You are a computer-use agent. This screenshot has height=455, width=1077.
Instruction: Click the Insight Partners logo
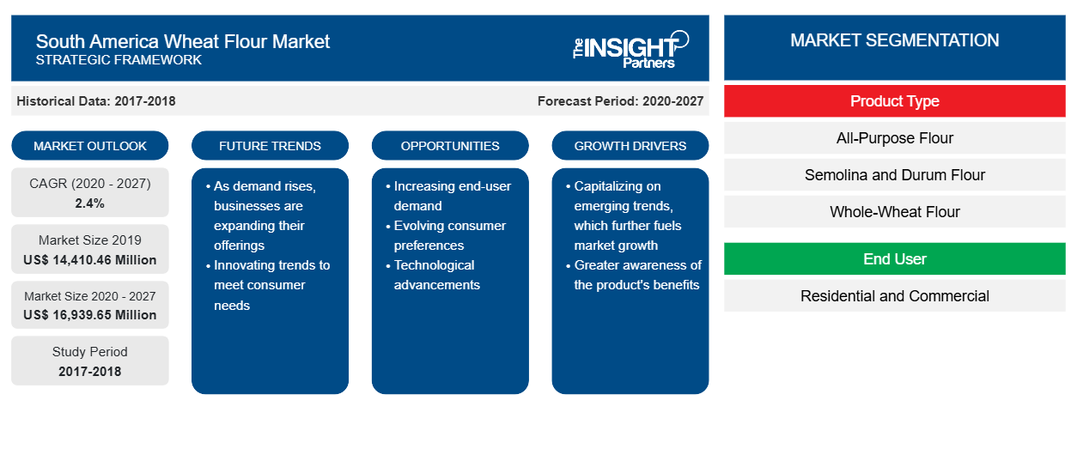point(630,50)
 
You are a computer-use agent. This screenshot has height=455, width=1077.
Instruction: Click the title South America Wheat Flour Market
point(183,42)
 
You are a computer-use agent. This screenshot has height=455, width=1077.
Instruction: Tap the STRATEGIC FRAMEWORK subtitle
point(119,60)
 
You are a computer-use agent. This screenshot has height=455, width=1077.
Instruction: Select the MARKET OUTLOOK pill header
point(90,146)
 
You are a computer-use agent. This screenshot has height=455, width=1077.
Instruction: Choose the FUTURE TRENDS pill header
point(270,146)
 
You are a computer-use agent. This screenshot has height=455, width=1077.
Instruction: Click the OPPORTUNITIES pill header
point(450,146)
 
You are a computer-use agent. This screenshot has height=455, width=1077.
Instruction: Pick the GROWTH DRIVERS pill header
point(630,146)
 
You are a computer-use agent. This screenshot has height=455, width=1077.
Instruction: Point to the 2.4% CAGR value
point(90,203)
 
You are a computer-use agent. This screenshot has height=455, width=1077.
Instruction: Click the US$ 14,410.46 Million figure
point(90,260)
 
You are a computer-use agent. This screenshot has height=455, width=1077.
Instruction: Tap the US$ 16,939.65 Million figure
point(90,315)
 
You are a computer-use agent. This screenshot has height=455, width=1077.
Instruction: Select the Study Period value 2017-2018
point(90,372)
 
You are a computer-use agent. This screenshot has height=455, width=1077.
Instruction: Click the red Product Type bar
point(895,101)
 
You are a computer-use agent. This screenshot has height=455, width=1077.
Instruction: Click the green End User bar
point(895,258)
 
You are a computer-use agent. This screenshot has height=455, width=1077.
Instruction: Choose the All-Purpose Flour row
point(895,138)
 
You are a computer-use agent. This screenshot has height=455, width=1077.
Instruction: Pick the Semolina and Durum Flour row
point(895,175)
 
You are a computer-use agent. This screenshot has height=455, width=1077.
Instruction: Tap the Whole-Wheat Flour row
point(895,211)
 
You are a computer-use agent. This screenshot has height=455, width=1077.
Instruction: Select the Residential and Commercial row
point(895,295)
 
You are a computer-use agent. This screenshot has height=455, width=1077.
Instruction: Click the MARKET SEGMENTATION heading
point(895,40)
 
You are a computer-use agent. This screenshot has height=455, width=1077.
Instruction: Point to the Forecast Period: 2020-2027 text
point(620,101)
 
